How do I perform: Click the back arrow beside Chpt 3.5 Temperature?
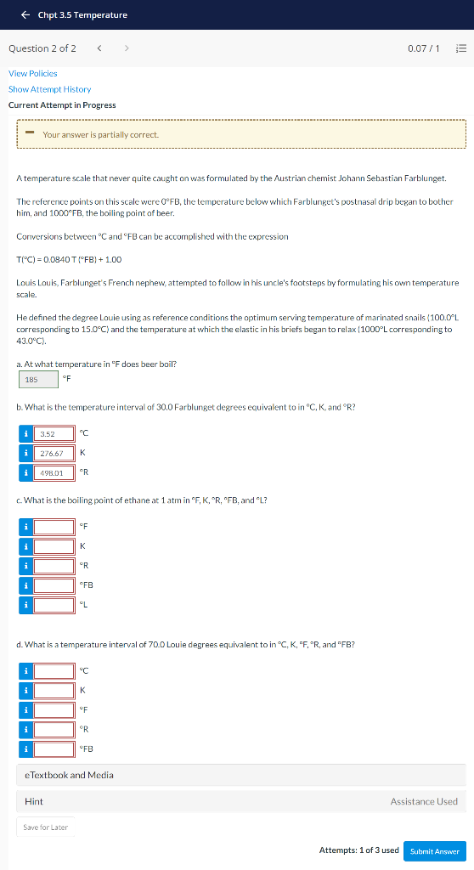coord(25,15)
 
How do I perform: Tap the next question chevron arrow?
coord(127,48)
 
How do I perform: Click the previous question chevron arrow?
coord(100,48)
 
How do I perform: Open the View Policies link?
coord(33,74)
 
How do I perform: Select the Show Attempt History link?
coord(49,89)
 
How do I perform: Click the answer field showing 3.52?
coord(54,434)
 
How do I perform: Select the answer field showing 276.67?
coord(54,453)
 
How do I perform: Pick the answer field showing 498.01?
coord(54,472)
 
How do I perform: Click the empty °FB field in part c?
coord(54,585)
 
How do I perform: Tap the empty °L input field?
coord(54,605)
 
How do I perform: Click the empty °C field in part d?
coord(54,671)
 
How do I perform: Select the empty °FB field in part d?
coord(54,749)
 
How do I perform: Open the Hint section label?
coord(34,801)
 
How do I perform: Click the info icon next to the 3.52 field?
coord(26,434)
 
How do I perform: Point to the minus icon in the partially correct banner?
coord(29,133)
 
